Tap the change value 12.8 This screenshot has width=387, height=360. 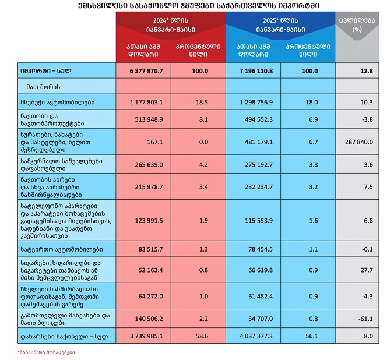pos(365,70)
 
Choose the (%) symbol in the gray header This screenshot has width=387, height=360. pos(357,29)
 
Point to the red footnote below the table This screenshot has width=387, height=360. pos(47,352)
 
